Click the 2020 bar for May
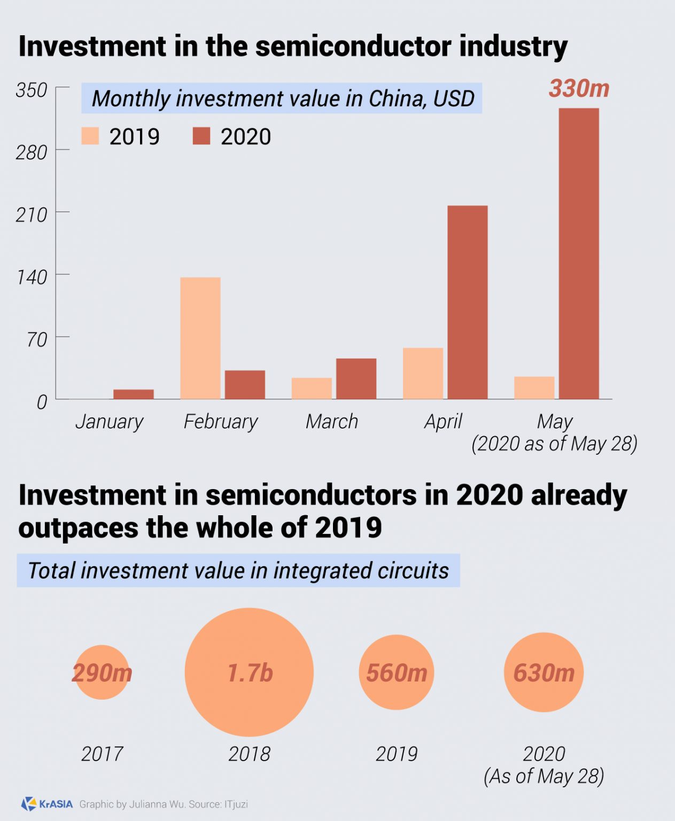579,254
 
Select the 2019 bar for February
200,338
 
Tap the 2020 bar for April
467,303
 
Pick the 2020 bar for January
134,394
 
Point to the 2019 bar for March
312,388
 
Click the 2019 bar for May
534,388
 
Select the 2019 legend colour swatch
90,136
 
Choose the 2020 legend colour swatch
201,136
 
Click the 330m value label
579,89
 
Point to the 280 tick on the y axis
32,153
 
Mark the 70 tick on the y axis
37,339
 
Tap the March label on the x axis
331,422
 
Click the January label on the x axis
109,422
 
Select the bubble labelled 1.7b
249,672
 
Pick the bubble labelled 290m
102,673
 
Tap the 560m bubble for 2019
396,672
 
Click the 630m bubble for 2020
544,672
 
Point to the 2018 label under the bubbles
249,754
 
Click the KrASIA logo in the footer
47,804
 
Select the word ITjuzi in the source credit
236,804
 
